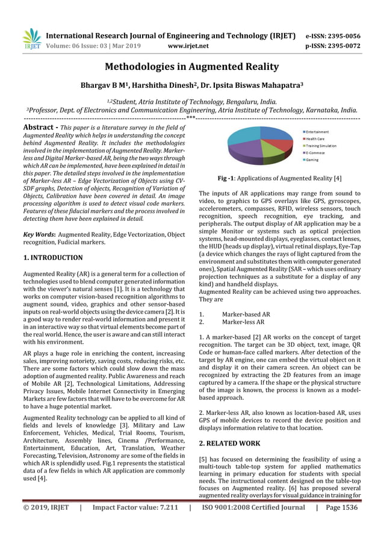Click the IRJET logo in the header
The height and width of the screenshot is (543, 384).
click(x=31, y=38)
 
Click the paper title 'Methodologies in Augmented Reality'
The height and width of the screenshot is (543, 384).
click(x=192, y=66)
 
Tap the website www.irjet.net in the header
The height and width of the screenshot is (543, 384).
click(x=188, y=45)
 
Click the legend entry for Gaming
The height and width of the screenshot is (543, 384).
click(x=312, y=160)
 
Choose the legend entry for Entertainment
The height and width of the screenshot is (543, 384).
click(x=317, y=132)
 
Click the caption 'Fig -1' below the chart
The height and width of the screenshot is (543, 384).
click(x=230, y=179)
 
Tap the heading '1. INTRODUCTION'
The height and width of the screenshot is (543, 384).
click(x=52, y=258)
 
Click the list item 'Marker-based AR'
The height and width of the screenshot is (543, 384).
click(x=246, y=314)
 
